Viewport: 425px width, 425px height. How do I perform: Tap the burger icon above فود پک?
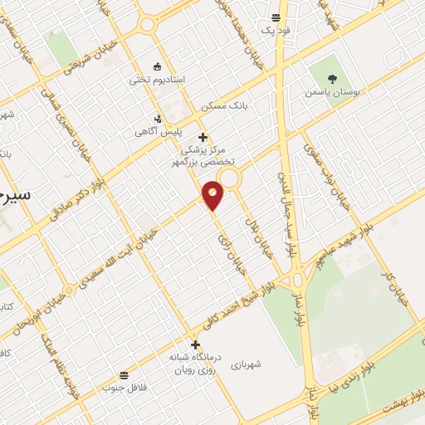276,18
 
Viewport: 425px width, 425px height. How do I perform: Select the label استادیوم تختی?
155,81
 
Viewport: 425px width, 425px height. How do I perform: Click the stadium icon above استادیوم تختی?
157,66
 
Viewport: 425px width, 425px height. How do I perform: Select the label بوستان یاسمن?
331,94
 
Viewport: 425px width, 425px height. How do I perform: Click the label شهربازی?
246,364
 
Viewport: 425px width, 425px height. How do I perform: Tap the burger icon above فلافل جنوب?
124,375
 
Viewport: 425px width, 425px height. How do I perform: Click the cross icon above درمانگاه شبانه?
196,344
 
